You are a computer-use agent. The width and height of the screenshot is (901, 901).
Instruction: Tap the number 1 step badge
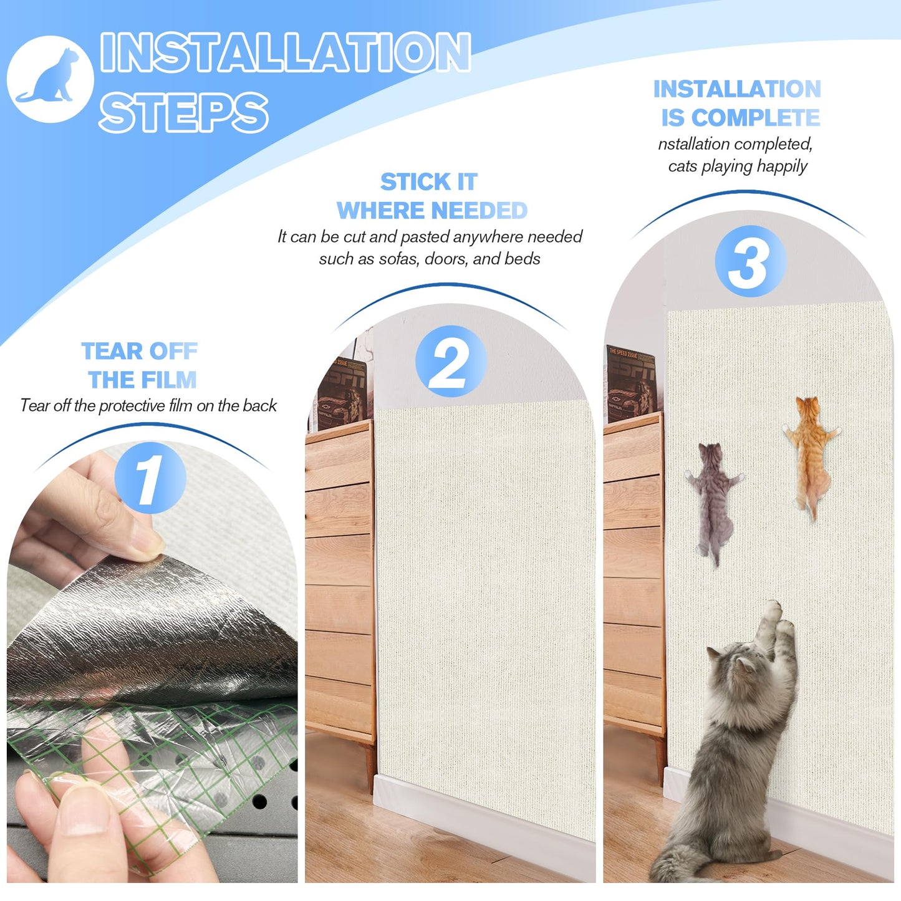150,478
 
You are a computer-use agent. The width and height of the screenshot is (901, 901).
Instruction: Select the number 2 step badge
451,361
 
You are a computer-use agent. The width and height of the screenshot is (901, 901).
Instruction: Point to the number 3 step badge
750,261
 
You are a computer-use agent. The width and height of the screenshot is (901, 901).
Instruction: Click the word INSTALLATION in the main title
285,52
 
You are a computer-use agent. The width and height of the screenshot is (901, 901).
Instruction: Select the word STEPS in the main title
183,113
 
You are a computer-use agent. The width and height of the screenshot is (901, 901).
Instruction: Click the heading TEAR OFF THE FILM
140,365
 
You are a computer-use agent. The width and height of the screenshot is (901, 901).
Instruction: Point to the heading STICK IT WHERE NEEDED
431,196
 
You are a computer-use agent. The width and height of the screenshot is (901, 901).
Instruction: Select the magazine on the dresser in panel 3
631,383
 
